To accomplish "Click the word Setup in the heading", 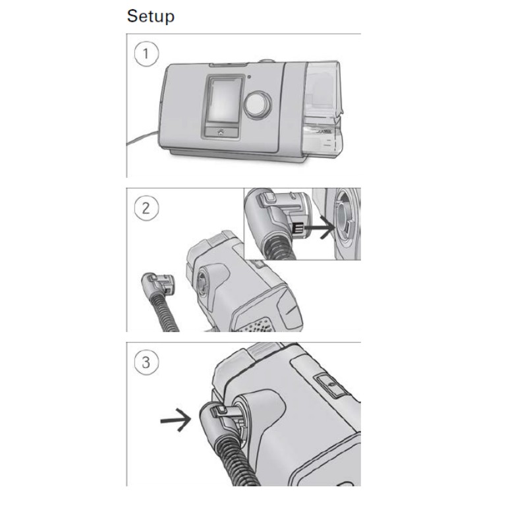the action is [x=150, y=16].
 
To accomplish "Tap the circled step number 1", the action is [x=146, y=53].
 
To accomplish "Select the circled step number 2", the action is [x=146, y=208].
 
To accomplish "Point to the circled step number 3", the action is [x=146, y=362].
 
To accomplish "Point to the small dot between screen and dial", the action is [x=246, y=77].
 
